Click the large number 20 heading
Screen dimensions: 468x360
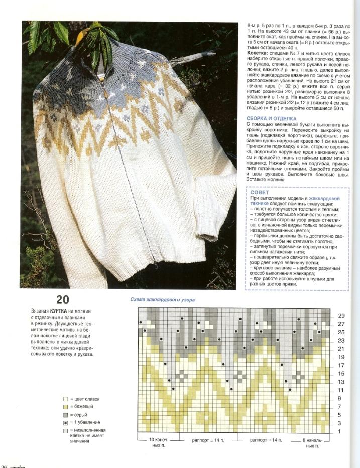tap(63, 300)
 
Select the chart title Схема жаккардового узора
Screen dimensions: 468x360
tap(162, 300)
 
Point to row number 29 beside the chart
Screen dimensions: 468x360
tap(341, 316)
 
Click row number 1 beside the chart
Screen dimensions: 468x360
tap(339, 432)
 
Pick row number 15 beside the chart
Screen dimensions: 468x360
tap(341, 374)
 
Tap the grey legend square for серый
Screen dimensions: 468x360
tap(65, 415)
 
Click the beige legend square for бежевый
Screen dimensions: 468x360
tap(65, 407)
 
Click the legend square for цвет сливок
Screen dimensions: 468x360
tap(65, 399)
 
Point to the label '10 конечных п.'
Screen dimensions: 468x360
tap(156, 442)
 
